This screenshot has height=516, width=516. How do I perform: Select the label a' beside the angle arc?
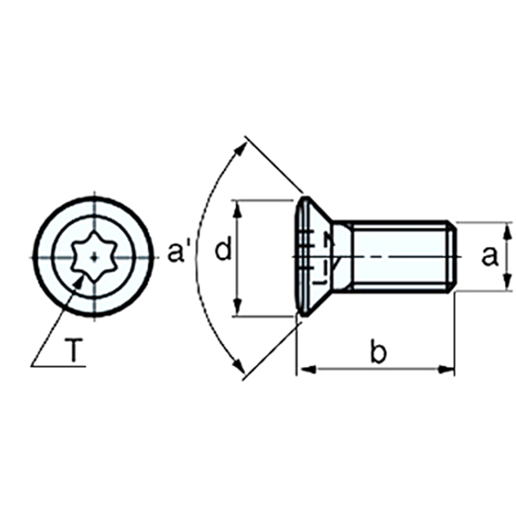pos(175,252)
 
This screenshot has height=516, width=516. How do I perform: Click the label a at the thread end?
pos(490,256)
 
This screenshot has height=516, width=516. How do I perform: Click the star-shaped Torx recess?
pos(94,256)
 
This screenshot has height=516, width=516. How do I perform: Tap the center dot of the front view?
pos(95,257)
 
